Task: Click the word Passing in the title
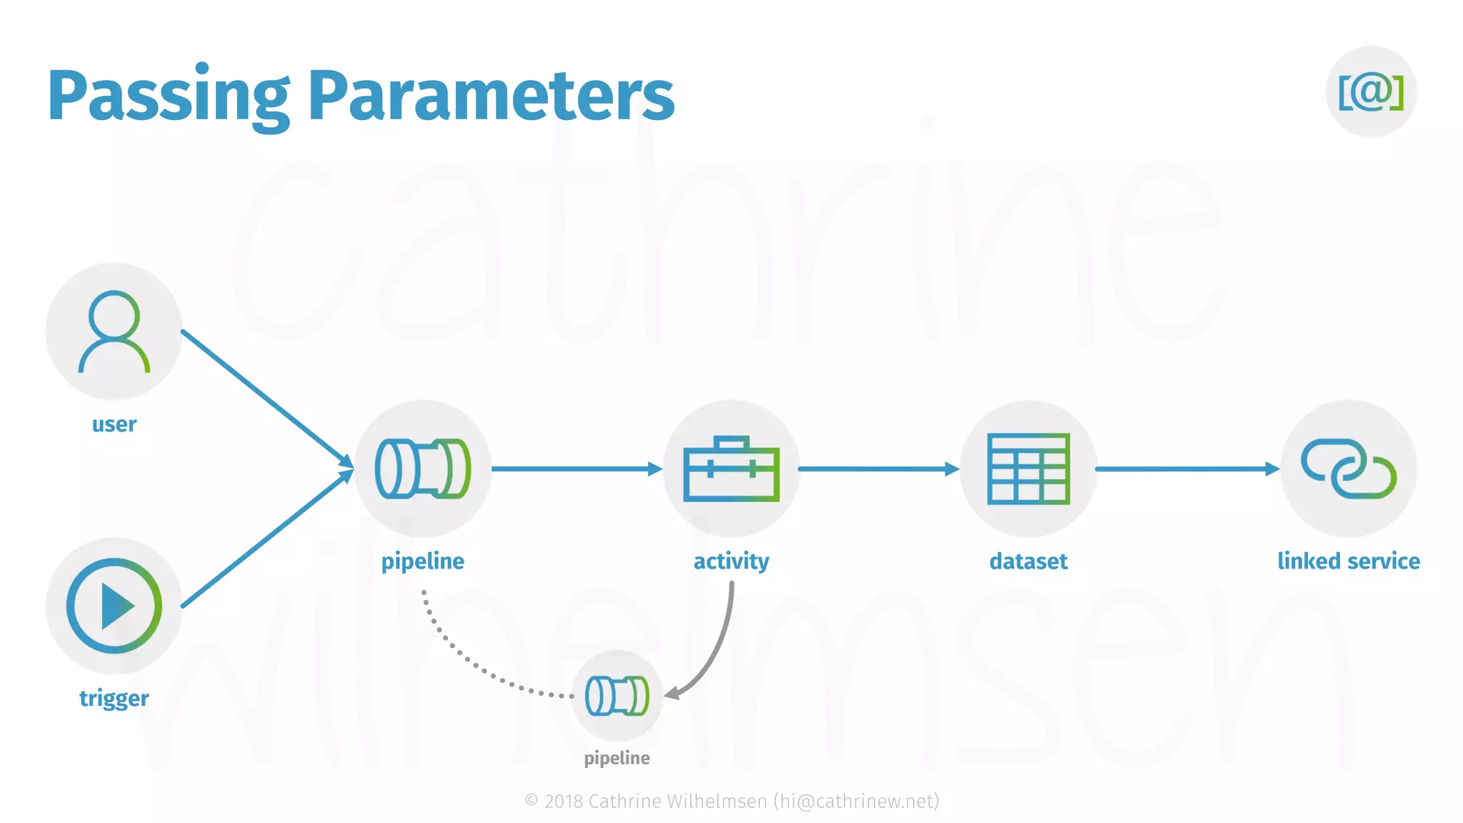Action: click(169, 96)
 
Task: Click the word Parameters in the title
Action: click(491, 96)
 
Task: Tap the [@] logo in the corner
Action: click(1370, 92)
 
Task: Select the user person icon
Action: click(114, 331)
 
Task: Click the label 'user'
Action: click(114, 424)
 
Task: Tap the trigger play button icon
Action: click(114, 606)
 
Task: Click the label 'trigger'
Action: click(114, 698)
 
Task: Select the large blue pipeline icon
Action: click(423, 469)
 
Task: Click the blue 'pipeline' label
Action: click(423, 562)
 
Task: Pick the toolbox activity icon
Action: click(731, 469)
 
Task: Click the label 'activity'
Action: click(731, 562)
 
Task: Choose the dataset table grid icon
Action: click(1028, 469)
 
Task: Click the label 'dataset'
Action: click(1028, 562)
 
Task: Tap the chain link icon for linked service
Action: click(1348, 469)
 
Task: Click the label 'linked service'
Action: click(1348, 562)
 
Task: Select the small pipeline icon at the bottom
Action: click(616, 696)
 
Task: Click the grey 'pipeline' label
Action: click(616, 758)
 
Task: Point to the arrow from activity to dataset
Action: click(879, 469)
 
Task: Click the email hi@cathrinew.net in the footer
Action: click(856, 802)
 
